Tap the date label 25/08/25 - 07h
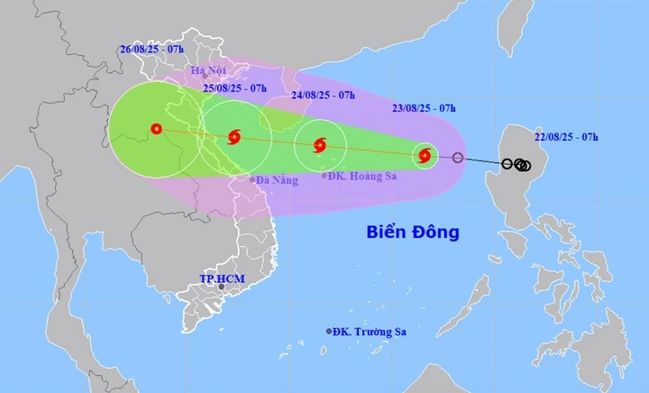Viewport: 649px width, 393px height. coord(234,88)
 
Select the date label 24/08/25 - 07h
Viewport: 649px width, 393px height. coord(323,94)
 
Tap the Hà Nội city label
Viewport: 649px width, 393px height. coord(210,69)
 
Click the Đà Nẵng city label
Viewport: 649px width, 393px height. coord(276,180)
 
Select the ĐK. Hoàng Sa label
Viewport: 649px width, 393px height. coord(363,176)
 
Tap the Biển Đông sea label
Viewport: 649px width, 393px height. coord(413,232)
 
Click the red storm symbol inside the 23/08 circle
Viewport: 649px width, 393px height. coord(425,156)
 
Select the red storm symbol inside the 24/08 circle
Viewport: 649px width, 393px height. coord(320,145)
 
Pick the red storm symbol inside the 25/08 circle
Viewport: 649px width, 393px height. coord(235,137)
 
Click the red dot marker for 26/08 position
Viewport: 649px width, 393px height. coord(158,129)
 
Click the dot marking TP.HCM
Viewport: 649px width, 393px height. coord(221,288)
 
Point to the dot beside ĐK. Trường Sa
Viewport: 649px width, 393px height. coord(329,332)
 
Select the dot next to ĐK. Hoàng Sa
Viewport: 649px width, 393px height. coord(325,176)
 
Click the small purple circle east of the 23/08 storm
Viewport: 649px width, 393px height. coord(458,159)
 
